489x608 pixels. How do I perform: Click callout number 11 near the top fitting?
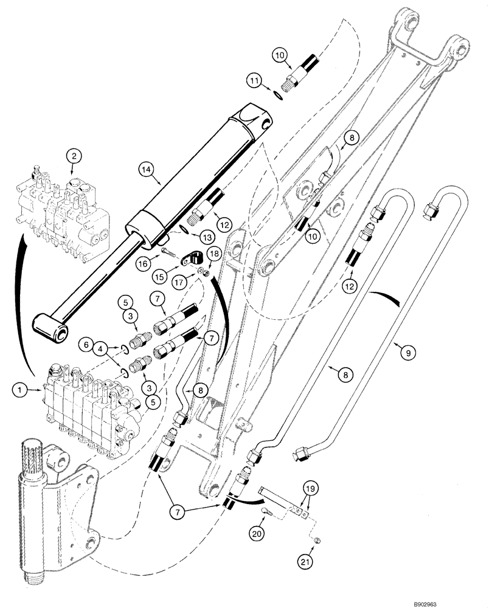[x=256, y=80]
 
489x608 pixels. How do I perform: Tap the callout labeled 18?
[x=215, y=253]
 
